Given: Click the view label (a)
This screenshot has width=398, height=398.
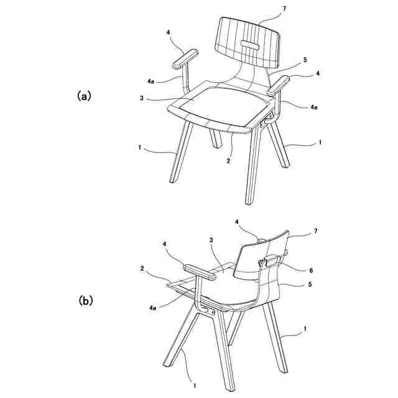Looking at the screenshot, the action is click(x=84, y=96).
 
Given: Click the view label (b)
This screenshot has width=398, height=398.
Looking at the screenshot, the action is click(x=85, y=300).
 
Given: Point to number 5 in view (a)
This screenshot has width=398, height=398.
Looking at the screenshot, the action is click(x=305, y=60).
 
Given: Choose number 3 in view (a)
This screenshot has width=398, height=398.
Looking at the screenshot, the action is click(x=142, y=99).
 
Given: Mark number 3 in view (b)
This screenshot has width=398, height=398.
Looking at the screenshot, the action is click(x=211, y=240).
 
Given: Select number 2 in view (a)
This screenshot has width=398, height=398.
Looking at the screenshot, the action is click(x=228, y=160).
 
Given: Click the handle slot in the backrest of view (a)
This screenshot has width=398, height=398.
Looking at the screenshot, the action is click(x=249, y=44).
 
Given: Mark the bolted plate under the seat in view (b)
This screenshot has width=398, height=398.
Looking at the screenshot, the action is click(x=209, y=308).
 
